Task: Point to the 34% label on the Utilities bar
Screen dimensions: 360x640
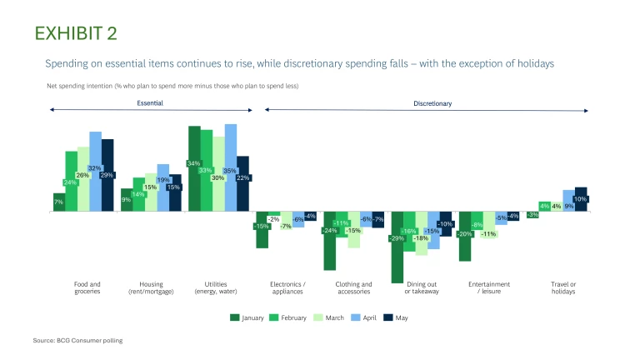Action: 193,163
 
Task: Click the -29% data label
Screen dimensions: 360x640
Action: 397,238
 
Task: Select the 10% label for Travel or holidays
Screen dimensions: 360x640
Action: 581,199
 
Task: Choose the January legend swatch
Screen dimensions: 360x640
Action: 235,317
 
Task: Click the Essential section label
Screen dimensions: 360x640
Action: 150,103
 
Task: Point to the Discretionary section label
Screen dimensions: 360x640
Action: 432,103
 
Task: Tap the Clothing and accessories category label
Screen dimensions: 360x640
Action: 353,287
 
